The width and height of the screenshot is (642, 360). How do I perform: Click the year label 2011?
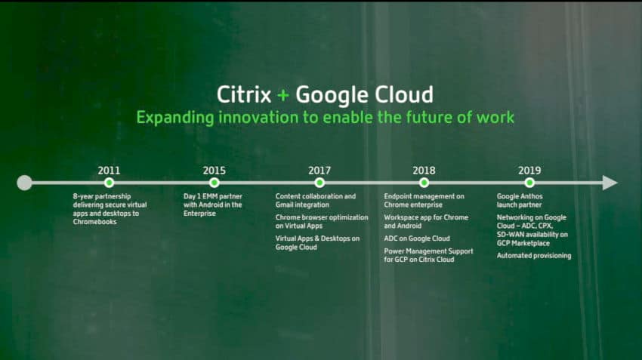pos(109,170)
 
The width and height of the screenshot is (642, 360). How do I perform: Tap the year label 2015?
pos(215,170)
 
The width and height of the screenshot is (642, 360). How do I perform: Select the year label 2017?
pos(319,170)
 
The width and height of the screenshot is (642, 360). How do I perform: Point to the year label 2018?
pos(424,170)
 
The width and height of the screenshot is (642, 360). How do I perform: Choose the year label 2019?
pos(529,170)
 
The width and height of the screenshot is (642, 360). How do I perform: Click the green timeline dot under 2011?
pos(109,183)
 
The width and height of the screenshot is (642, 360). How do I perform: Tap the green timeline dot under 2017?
pos(319,183)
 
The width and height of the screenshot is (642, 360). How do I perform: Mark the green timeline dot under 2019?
pos(529,183)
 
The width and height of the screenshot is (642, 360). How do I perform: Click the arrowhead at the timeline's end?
pos(610,183)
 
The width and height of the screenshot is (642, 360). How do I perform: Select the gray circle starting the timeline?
pos(25,183)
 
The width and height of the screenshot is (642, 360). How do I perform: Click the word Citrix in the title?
pos(244,95)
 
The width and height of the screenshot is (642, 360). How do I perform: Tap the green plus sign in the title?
pos(283,96)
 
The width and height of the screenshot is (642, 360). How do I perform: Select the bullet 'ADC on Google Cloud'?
pos(417,238)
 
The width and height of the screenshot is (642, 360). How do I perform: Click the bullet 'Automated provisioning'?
pos(534,256)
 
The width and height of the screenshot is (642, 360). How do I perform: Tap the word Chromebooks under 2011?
pos(94,222)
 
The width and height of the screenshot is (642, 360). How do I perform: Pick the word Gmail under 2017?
pos(285,205)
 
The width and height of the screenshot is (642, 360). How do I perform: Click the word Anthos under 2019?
pos(531,196)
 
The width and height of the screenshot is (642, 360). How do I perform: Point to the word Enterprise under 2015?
pos(199,214)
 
